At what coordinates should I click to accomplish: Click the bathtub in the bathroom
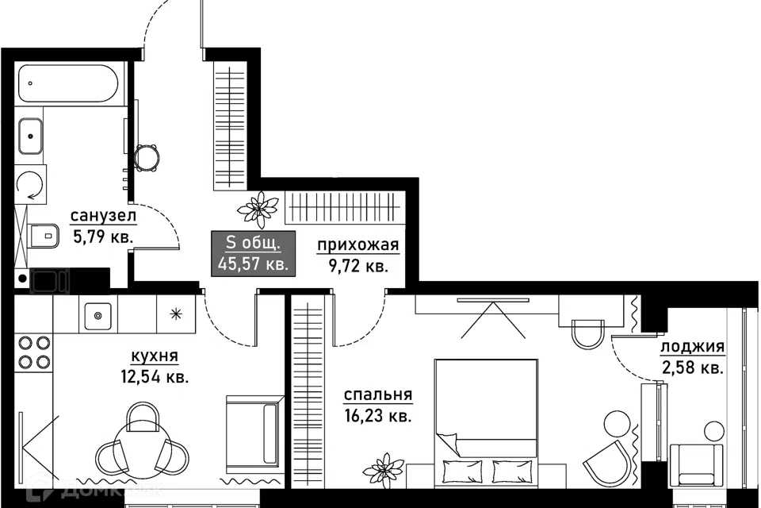(x=68, y=83)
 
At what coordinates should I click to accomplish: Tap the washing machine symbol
(x=31, y=185)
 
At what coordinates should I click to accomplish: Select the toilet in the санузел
(x=44, y=237)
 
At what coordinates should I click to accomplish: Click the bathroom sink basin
(x=30, y=136)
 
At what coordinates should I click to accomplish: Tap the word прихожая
(x=358, y=245)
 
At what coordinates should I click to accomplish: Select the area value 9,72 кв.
(x=358, y=267)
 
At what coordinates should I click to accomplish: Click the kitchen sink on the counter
(x=98, y=315)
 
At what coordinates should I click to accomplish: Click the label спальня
(x=378, y=394)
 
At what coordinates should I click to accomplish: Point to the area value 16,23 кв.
(x=378, y=416)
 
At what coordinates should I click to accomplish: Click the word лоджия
(x=693, y=347)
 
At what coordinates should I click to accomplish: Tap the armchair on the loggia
(x=694, y=464)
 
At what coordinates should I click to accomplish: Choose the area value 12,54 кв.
(x=155, y=377)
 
